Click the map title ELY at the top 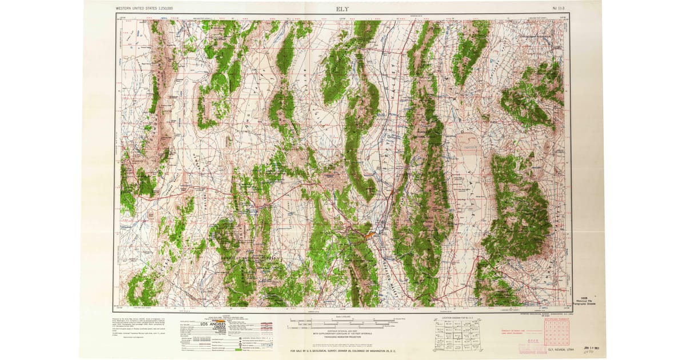pyautogui.click(x=342, y=9)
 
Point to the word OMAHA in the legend pyautogui.click(x=217, y=329)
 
